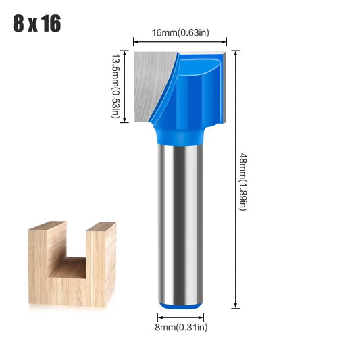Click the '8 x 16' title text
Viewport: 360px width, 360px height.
click(x=36, y=24)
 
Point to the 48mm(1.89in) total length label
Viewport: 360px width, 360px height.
click(x=242, y=181)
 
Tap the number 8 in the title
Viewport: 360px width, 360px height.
click(x=18, y=24)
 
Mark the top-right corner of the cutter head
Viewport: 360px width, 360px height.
click(x=225, y=53)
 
